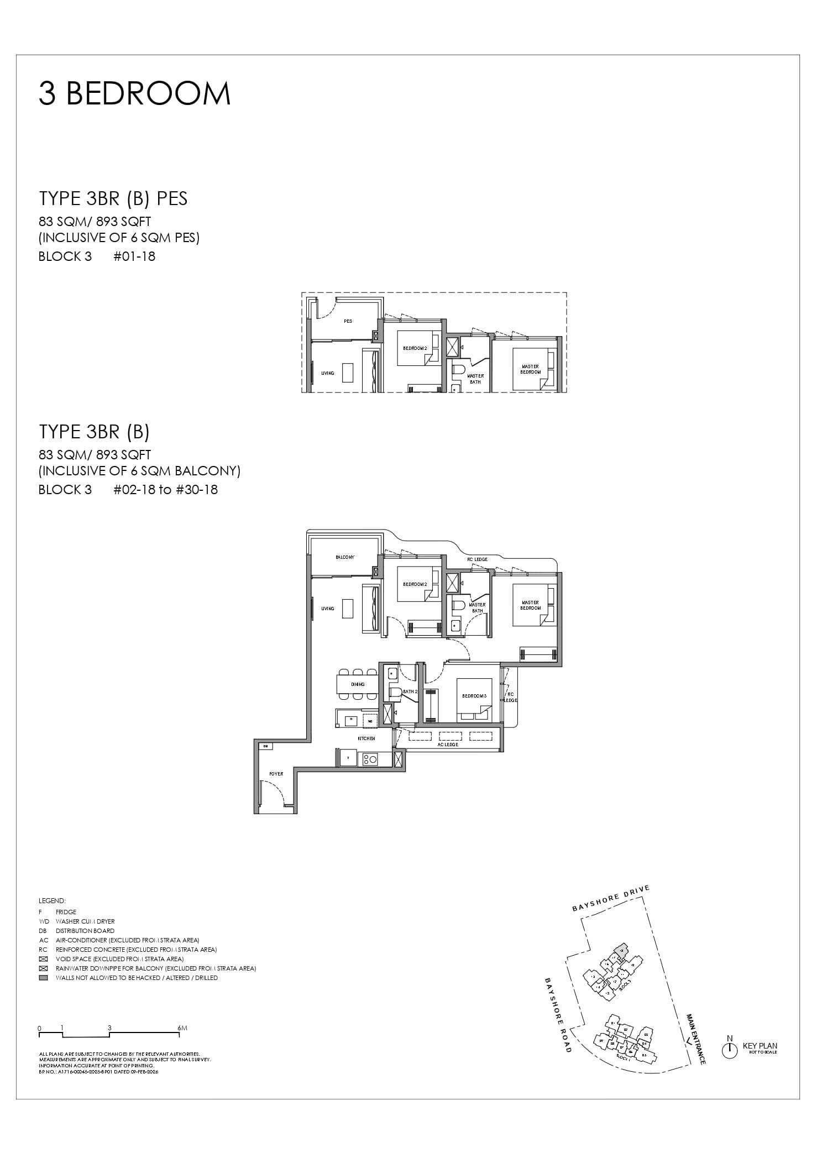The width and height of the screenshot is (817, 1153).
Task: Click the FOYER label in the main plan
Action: (x=276, y=774)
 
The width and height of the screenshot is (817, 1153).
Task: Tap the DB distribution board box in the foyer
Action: (x=266, y=746)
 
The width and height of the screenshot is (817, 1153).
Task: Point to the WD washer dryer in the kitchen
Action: (x=369, y=721)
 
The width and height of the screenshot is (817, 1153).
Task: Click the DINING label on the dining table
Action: (x=358, y=684)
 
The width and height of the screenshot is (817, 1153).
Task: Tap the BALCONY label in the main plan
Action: (x=345, y=557)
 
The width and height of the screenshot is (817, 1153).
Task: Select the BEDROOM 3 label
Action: (x=474, y=696)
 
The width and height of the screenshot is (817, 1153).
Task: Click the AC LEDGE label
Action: (x=448, y=745)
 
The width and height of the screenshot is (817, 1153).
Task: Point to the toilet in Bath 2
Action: (x=396, y=692)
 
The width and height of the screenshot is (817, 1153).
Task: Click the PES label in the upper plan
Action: (x=348, y=321)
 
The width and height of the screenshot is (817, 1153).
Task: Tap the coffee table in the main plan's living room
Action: (x=348, y=609)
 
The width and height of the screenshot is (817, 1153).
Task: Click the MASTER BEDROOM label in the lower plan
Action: (x=530, y=605)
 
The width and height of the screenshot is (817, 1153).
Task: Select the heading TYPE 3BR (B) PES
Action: (x=113, y=198)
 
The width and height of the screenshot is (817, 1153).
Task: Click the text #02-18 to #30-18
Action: (x=165, y=490)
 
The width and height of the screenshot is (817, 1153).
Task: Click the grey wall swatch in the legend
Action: (x=44, y=978)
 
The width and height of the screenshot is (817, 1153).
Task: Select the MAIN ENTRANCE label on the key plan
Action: (x=696, y=1039)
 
